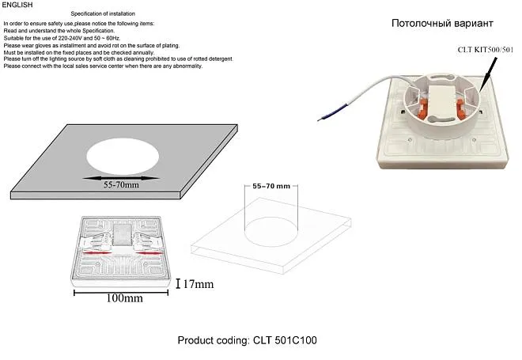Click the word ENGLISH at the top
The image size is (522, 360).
coord(17,5)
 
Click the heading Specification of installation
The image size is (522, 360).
coord(103,13)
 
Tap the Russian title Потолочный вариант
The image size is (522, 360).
coord(442,23)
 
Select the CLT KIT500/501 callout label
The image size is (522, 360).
coord(486,50)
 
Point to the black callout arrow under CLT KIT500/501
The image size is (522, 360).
coord(488,74)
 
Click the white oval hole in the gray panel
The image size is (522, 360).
coord(123,157)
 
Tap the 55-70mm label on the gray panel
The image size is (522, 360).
coord(121,185)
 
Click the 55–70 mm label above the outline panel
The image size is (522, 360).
coord(271,186)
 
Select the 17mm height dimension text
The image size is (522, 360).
coord(199,284)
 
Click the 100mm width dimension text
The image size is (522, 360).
coord(124,298)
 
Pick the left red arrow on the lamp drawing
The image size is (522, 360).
coord(96,253)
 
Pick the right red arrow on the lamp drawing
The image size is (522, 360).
coord(149,253)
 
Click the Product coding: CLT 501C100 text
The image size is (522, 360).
coord(247,340)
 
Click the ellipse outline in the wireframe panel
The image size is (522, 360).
coord(271,232)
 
